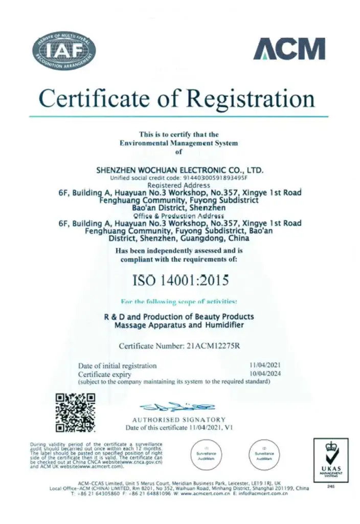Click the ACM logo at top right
click(289, 49)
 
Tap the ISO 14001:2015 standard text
click(181, 280)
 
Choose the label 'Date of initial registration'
click(117, 366)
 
